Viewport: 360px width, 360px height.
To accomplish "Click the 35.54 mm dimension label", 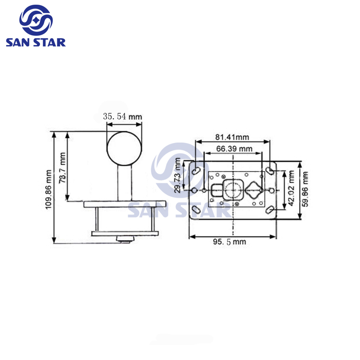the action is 122,116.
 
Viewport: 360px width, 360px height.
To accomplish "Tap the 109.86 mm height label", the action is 49,190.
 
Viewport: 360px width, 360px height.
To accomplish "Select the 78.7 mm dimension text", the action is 62,168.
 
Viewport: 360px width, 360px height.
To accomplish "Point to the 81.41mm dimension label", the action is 232,137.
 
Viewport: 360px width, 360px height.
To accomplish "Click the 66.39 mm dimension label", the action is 234,149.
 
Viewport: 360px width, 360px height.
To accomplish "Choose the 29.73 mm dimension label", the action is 178,175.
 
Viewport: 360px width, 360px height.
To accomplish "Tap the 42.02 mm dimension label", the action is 291,188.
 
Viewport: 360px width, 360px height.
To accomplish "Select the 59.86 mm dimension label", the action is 305,189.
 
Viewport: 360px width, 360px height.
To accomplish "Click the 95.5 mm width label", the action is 229,242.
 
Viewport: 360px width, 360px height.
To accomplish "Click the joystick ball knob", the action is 124,149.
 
